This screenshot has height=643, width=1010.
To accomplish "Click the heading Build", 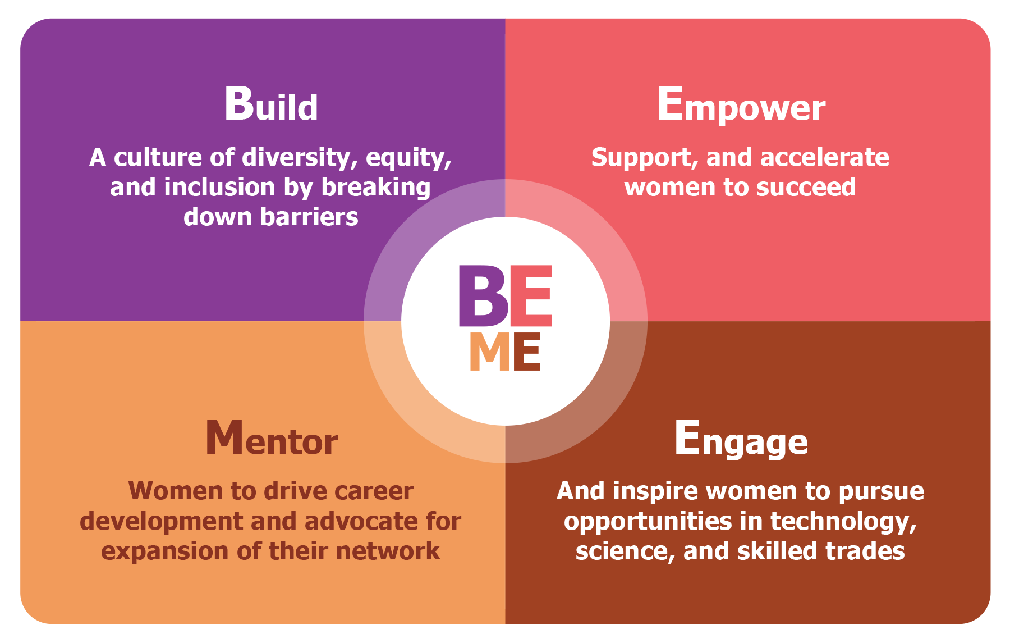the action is point(271,104).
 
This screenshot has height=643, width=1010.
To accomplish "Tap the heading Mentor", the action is point(272,438).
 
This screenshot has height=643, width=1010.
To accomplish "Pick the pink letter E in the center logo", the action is point(531,296).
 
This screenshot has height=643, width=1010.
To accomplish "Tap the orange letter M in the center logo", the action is point(490,352).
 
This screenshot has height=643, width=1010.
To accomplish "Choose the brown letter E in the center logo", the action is point(526,352).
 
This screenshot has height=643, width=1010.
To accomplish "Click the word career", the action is point(374,491).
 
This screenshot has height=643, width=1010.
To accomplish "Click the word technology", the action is point(843,522).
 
